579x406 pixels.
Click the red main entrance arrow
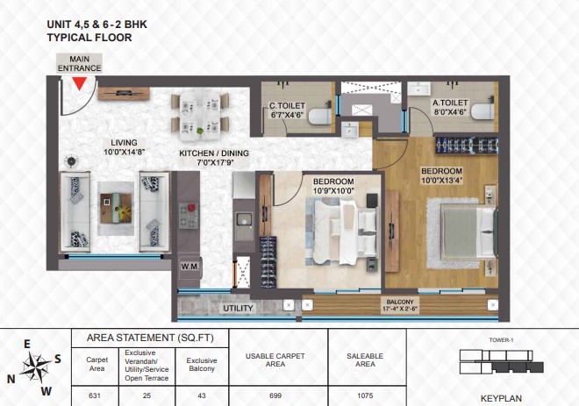coord(79,83)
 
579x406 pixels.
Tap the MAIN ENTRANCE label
coord(79,63)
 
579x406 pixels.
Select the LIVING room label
coord(124,147)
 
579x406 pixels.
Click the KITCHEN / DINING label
coord(214,158)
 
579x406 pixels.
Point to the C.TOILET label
coord(287,110)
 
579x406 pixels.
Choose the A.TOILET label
coord(450,107)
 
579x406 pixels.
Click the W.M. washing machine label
coord(189,266)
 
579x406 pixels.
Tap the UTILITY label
coord(238,308)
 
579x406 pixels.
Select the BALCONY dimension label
coord(400,306)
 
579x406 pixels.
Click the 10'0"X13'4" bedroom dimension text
coord(442,181)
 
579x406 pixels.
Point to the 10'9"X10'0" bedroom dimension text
coord(333,191)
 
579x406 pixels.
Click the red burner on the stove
coord(191,208)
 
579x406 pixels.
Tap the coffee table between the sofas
coord(116,208)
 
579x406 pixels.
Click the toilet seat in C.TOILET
coord(320,117)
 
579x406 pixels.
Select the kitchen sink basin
coord(244,219)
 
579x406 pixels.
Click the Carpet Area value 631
coord(95,395)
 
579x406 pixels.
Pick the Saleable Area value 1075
coord(365,395)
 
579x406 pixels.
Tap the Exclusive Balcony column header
coord(202,364)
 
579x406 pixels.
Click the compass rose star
coord(35,367)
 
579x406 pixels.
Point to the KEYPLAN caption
coord(501,399)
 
